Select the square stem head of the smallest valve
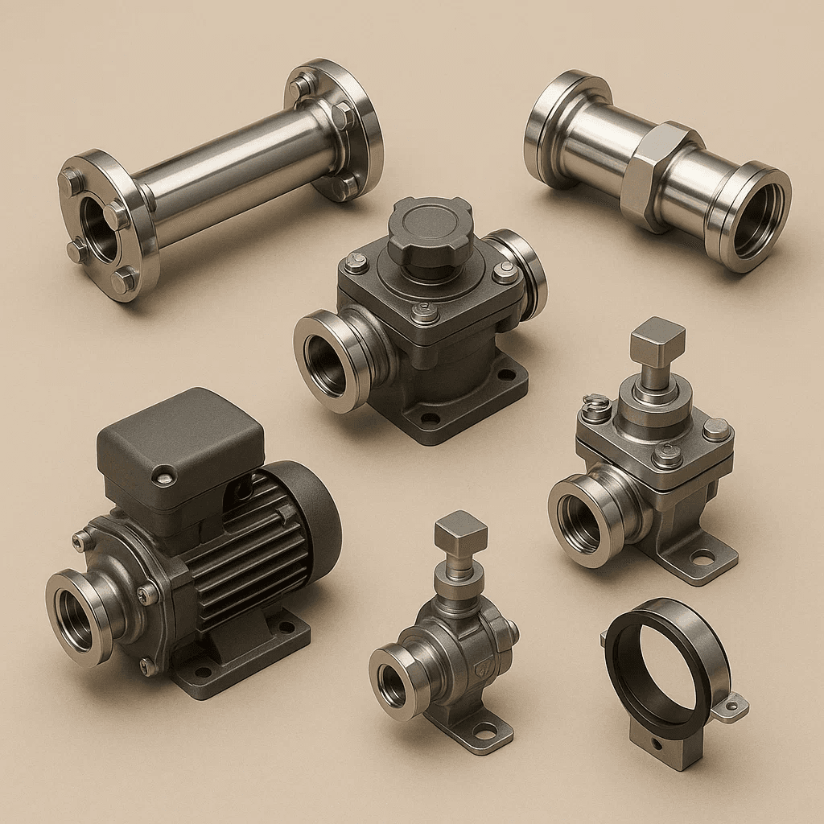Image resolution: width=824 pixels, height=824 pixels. [x=461, y=532]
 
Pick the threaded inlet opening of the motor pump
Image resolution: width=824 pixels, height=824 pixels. [x=76, y=620]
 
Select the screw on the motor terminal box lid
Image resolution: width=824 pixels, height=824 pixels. [x=164, y=478]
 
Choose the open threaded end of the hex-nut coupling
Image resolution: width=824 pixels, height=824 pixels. [x=752, y=217]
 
